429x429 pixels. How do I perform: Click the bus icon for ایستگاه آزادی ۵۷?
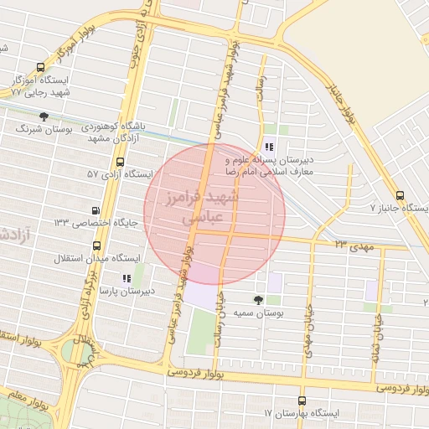pyautogui.click(x=120, y=162)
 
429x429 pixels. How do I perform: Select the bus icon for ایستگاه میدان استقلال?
pyautogui.click(x=97, y=246)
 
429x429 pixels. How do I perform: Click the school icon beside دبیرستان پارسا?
pyautogui.click(x=127, y=278)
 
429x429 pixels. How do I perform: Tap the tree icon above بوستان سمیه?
pyautogui.click(x=257, y=300)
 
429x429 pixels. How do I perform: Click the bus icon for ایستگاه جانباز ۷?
pyautogui.click(x=399, y=194)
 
